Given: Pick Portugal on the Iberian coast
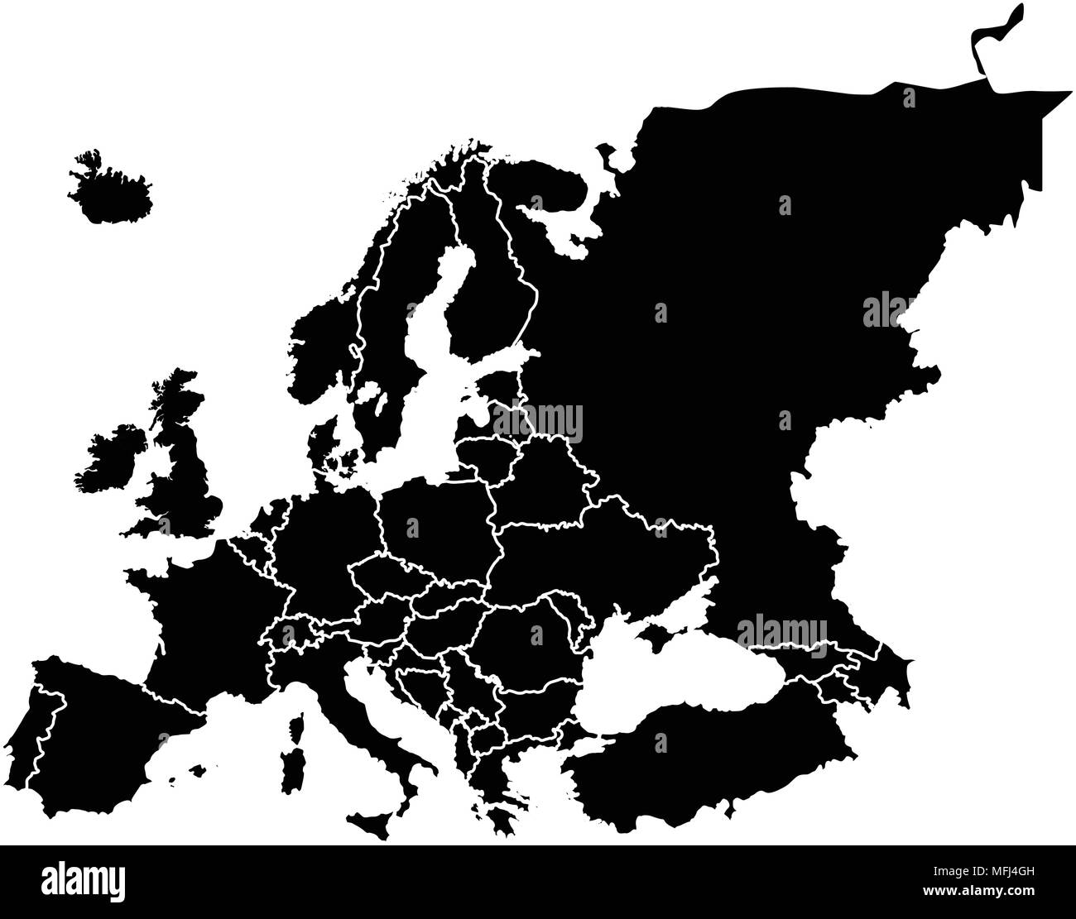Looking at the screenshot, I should [46, 728].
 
